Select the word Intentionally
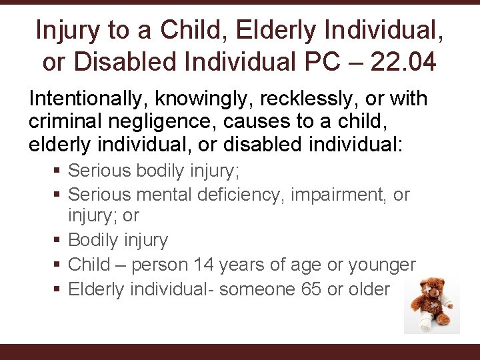(89, 99)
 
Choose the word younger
(379, 265)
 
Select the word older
(367, 289)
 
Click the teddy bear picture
(431, 306)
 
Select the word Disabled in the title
(119, 62)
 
